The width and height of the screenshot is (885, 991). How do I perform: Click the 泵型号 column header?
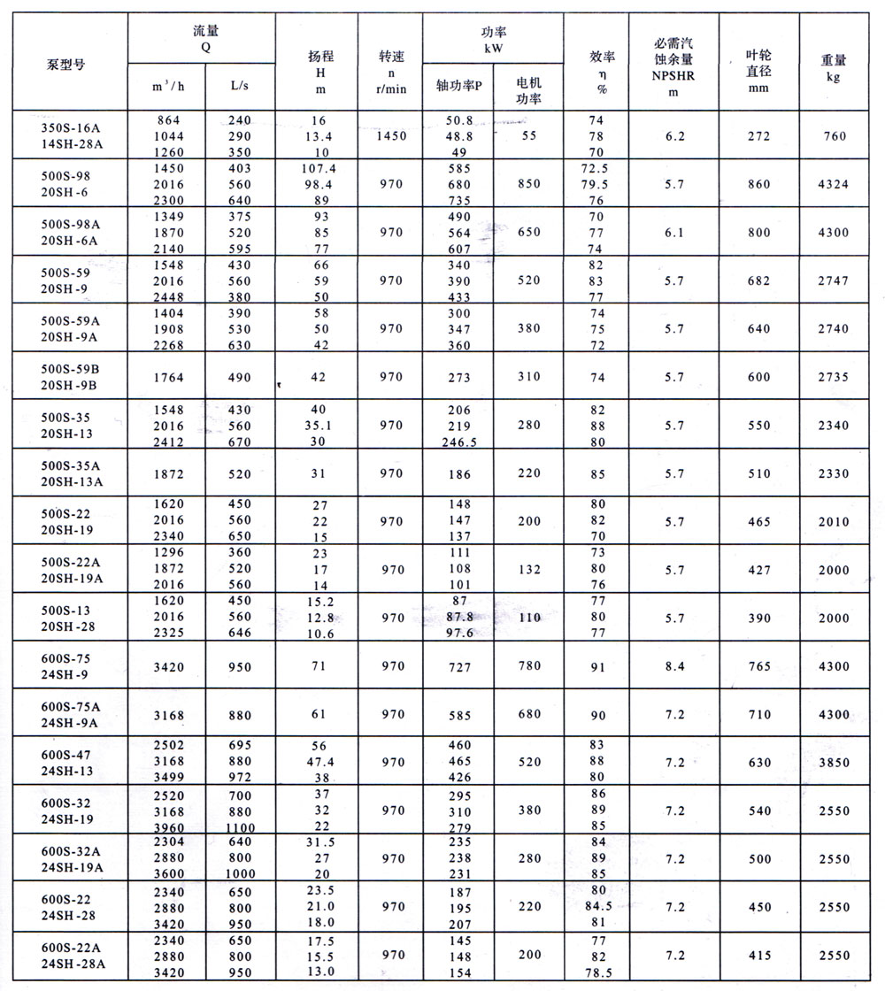[65, 65]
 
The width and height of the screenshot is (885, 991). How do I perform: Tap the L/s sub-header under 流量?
[240, 86]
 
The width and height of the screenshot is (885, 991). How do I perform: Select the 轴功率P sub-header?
[458, 86]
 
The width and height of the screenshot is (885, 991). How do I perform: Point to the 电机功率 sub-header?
[528, 87]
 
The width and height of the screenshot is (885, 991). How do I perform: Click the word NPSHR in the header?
[673, 75]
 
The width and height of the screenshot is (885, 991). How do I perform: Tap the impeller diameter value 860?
[758, 184]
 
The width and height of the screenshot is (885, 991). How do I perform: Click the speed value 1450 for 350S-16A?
[390, 136]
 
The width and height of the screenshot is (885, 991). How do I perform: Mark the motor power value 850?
[529, 184]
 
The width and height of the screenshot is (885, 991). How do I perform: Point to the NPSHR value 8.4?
[673, 666]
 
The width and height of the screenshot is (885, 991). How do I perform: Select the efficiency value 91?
[599, 666]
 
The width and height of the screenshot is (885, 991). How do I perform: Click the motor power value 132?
[529, 571]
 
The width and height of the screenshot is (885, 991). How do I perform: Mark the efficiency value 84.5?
[599, 906]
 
